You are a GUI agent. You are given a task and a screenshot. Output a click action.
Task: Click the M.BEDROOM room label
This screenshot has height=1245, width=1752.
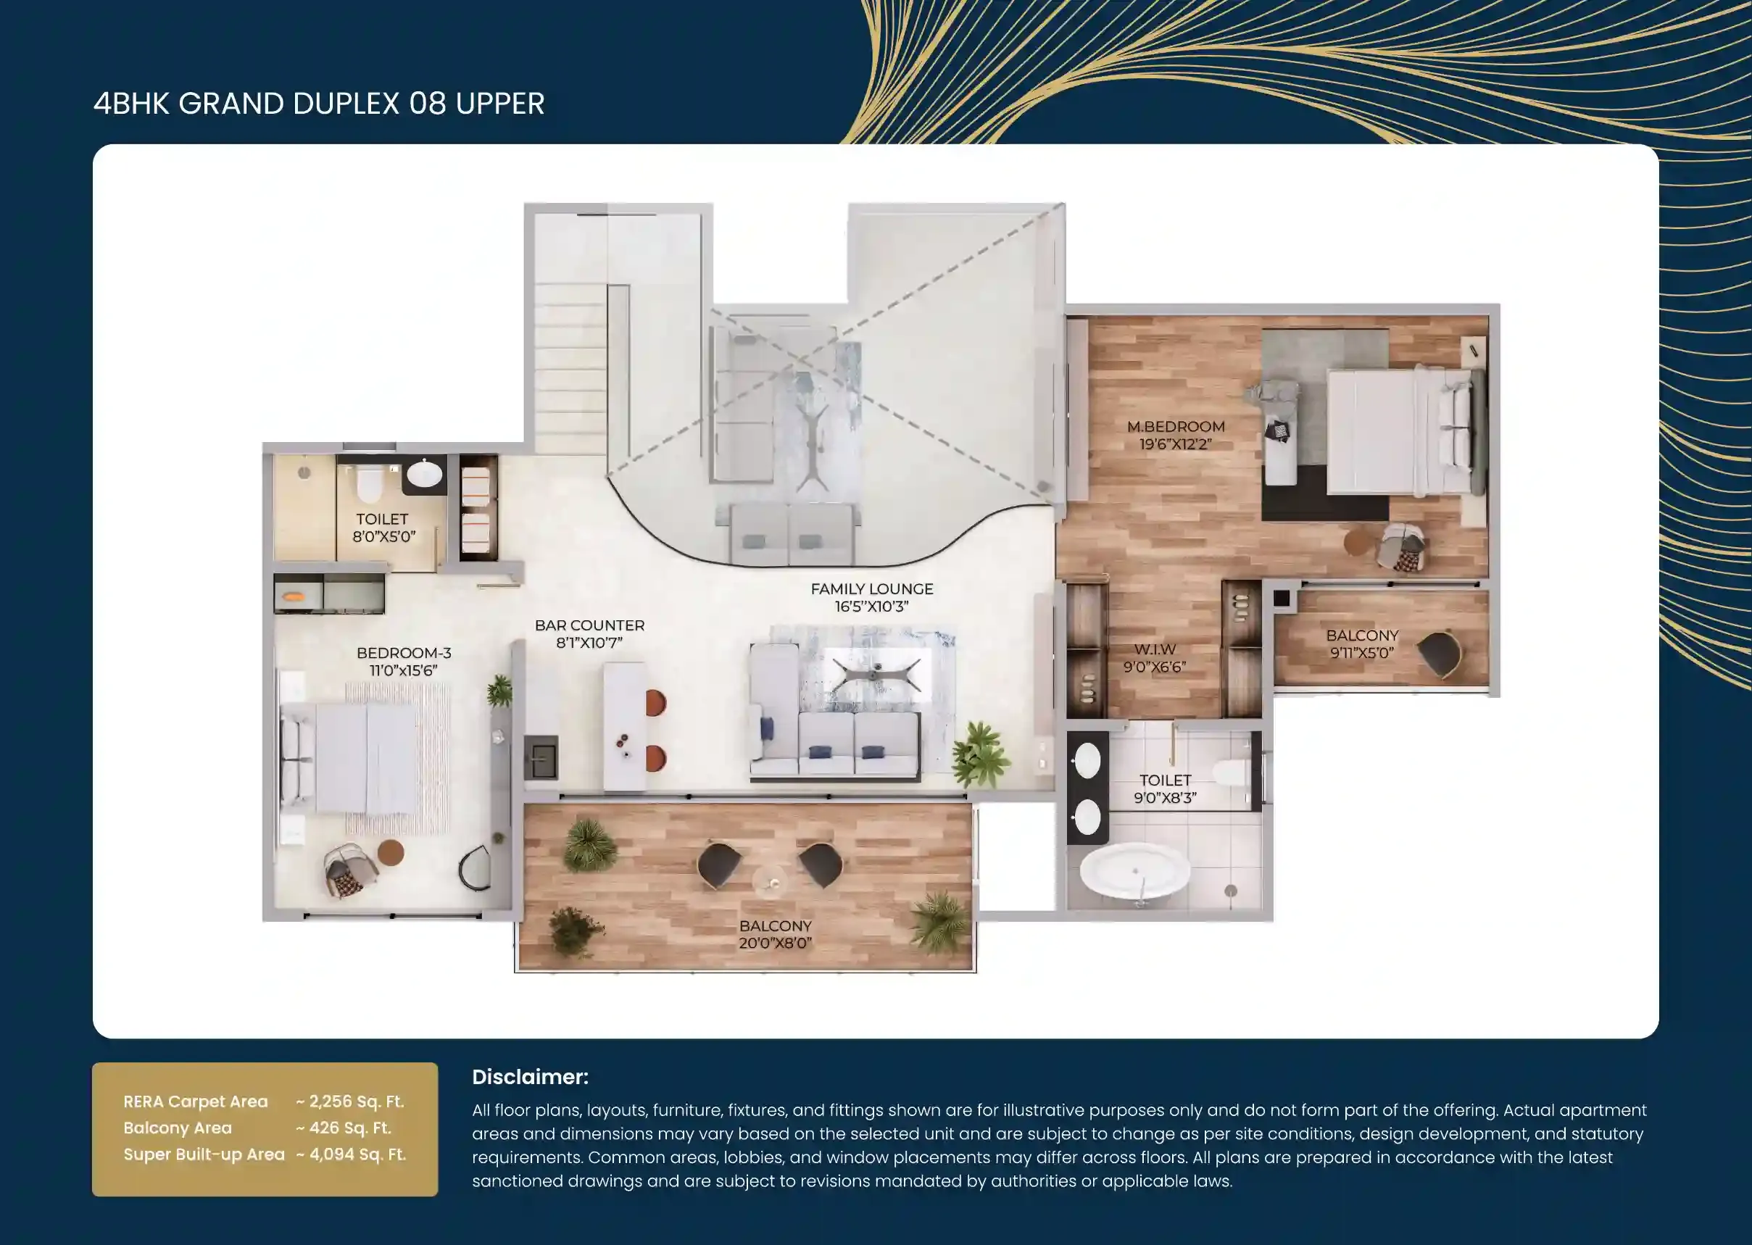point(1176,426)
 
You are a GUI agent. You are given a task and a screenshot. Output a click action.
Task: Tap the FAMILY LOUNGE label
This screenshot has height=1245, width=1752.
point(872,588)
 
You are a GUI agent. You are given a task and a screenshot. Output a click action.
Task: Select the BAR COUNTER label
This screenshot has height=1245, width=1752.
point(589,625)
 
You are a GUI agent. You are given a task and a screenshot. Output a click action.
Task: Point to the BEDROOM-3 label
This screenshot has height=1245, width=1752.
point(403,653)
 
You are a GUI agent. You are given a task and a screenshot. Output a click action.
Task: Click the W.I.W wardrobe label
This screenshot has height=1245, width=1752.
point(1155,649)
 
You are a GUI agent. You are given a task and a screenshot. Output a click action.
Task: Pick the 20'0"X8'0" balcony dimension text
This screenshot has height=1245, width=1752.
point(775,943)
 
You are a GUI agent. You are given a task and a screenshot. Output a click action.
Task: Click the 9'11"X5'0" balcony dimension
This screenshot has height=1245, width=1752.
point(1362,653)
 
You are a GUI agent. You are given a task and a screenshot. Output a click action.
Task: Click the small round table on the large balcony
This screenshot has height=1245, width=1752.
point(769,881)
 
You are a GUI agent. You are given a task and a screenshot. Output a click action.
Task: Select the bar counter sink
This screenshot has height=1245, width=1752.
point(541,757)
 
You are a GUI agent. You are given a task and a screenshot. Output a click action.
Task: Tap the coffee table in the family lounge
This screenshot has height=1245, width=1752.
point(877,675)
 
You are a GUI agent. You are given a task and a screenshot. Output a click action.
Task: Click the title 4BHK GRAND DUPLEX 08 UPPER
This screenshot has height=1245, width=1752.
point(319,104)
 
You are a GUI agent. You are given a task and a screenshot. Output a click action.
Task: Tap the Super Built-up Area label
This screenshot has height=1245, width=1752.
point(204,1154)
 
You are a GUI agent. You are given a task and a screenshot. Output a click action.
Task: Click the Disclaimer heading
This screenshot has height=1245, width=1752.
point(530,1077)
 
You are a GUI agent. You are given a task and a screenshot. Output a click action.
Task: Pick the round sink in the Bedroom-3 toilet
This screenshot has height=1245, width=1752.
point(424,473)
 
